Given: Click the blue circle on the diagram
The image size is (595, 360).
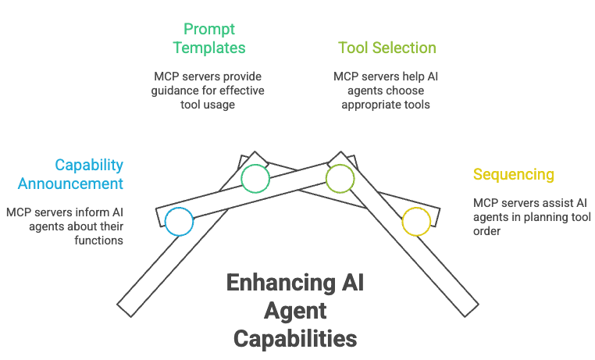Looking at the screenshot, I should pyautogui.click(x=179, y=222).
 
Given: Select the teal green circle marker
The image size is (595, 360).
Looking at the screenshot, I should pyautogui.click(x=255, y=179).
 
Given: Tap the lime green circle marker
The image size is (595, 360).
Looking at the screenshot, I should pyautogui.click(x=340, y=179).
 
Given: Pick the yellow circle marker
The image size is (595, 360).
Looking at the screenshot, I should pyautogui.click(x=416, y=222).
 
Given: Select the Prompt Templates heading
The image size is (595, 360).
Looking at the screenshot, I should pyautogui.click(x=208, y=38).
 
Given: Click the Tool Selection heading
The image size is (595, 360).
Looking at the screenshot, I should pyautogui.click(x=387, y=48).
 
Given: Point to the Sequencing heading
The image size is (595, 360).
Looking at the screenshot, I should pyautogui.click(x=513, y=174).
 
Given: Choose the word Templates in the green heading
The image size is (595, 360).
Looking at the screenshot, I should pyautogui.click(x=208, y=48).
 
